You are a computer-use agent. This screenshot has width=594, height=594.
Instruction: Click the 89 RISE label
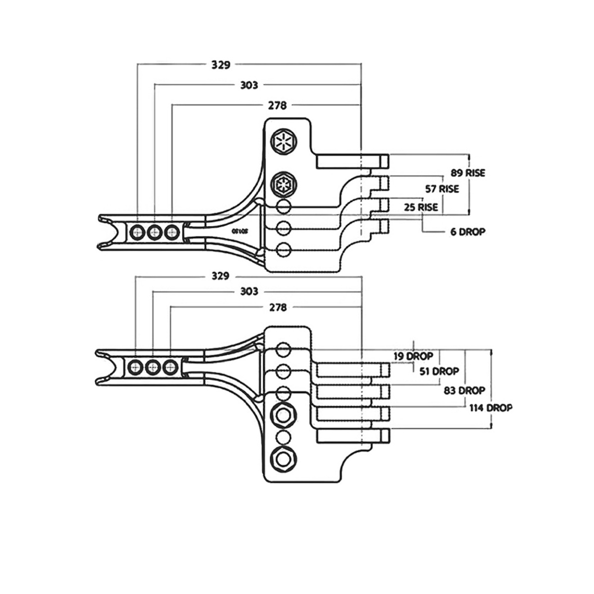[468, 173]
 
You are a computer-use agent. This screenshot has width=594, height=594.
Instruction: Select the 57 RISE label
[442, 189]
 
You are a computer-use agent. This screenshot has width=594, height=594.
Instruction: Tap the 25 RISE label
[421, 207]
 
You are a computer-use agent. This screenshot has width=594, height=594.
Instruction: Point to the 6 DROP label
[467, 231]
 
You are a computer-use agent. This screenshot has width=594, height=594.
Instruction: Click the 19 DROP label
[414, 356]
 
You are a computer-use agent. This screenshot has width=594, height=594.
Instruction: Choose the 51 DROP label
[439, 371]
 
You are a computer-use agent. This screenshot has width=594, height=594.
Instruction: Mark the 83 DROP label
[465, 390]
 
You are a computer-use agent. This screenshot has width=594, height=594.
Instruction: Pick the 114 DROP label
[491, 408]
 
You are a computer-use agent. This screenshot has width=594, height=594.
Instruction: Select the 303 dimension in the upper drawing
[249, 85]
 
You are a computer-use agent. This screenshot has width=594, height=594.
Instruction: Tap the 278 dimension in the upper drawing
[278, 105]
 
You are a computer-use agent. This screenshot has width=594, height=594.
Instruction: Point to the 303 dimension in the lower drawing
[249, 292]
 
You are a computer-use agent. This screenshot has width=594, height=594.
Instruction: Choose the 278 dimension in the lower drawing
[278, 307]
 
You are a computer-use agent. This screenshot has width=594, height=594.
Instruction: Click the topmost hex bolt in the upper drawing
[283, 142]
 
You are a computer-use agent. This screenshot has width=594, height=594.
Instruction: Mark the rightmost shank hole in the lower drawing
[170, 367]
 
